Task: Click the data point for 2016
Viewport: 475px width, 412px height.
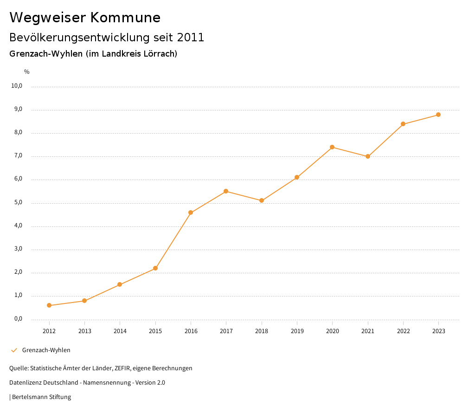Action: (191, 212)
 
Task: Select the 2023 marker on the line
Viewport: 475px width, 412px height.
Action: (438, 115)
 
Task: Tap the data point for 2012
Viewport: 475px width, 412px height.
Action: (49, 305)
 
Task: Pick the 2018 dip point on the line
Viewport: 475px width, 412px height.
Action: (262, 200)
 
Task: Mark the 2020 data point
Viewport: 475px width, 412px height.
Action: (332, 147)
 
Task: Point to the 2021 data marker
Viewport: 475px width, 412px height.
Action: (368, 156)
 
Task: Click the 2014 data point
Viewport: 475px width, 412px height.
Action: (120, 284)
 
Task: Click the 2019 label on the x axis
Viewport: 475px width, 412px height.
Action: (297, 331)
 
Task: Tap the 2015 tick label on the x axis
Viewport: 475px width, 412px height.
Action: (155, 331)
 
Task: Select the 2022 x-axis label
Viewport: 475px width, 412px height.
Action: (403, 331)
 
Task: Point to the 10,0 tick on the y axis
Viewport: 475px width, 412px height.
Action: (17, 86)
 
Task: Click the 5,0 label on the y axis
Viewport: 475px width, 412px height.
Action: (18, 203)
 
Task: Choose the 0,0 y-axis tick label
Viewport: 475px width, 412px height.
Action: (18, 319)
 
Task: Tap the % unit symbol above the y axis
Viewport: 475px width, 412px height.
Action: (27, 72)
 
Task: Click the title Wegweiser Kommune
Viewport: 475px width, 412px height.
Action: (85, 18)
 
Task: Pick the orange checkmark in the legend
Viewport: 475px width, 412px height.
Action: (14, 350)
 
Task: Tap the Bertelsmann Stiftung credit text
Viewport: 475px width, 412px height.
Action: (41, 397)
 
